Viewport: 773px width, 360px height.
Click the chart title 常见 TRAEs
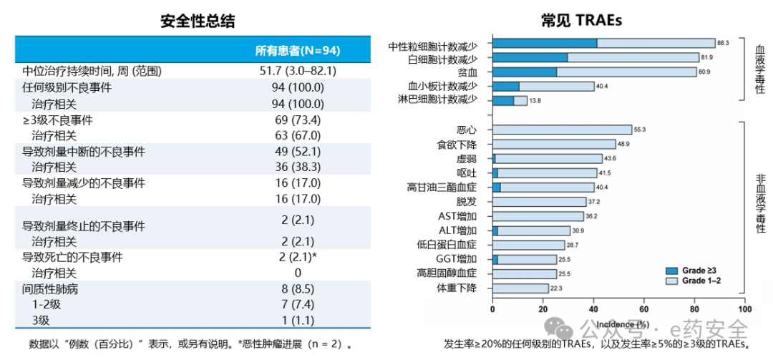pos(580,21)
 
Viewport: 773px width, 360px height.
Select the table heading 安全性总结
pos(198,21)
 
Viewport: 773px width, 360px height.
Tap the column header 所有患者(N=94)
pos(298,50)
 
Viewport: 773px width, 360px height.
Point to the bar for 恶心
pos(563,130)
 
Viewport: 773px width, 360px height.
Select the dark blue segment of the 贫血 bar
pos(525,72)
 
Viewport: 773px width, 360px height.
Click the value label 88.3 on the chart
pos(722,44)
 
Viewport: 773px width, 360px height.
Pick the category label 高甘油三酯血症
pos(447,188)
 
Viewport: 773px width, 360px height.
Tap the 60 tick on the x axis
pos(643,309)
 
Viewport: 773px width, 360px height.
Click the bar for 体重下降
pos(521,288)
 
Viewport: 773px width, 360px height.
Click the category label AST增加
pos(462,216)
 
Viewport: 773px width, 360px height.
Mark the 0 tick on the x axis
pos(493,309)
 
